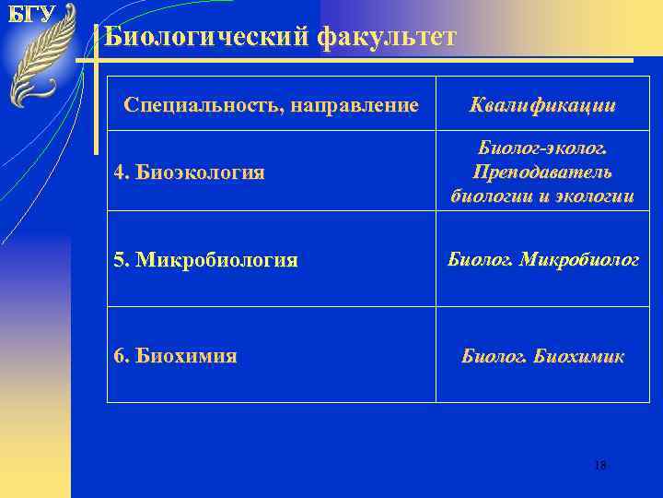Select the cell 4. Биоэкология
[189, 172]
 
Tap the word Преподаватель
[542, 172]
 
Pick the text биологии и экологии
[542, 196]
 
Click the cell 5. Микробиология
[205, 260]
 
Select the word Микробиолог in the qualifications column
[579, 259]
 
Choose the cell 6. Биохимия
[175, 356]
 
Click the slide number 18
[599, 466]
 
